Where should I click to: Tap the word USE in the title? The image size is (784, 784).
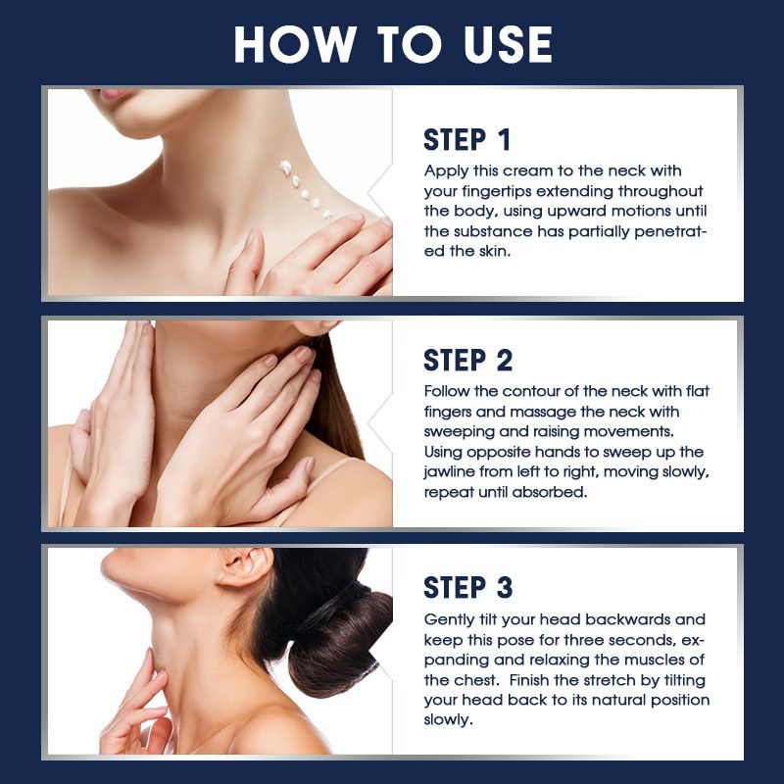[x=508, y=44]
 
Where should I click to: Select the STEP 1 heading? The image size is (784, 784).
[x=467, y=139]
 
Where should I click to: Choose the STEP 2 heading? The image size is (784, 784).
[x=468, y=361]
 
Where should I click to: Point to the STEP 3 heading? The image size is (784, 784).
[x=468, y=587]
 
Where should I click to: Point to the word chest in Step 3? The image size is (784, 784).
[x=476, y=680]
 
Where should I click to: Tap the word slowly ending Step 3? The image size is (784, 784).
[x=448, y=720]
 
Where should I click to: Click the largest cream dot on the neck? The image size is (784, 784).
[x=285, y=168]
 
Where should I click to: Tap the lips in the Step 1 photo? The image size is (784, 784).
[x=113, y=94]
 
